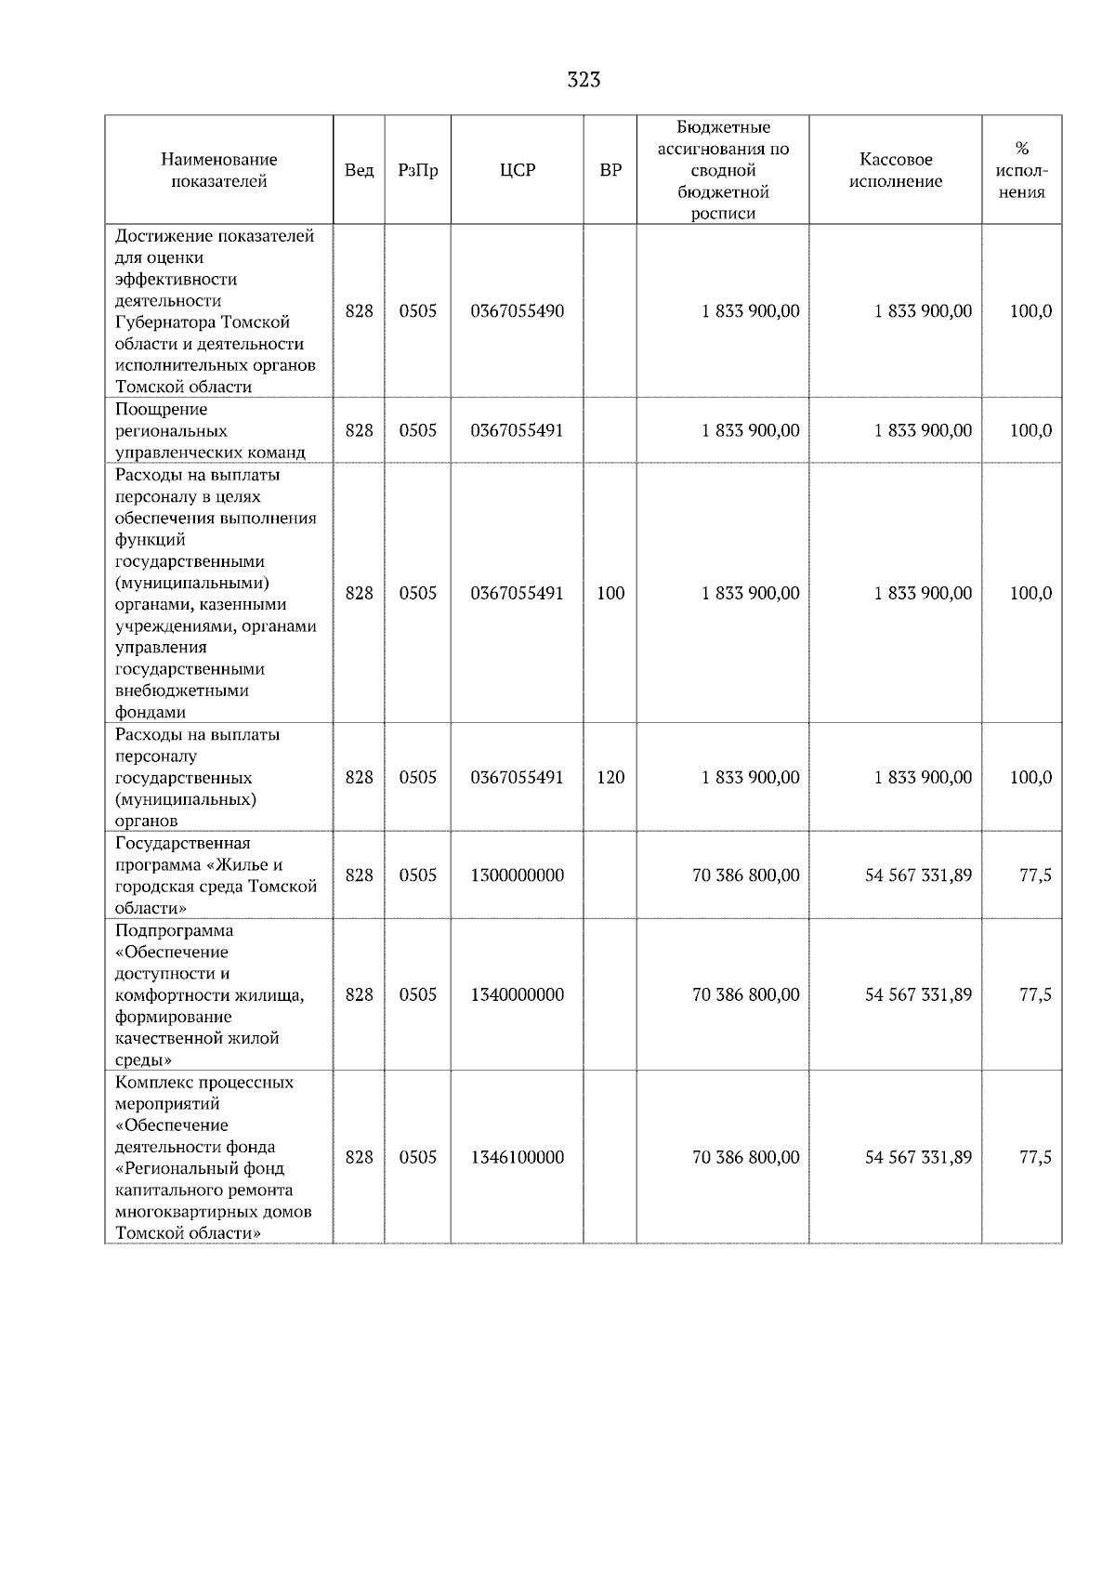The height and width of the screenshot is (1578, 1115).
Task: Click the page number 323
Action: [x=584, y=80]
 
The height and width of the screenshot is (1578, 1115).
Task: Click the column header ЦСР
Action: [x=518, y=170]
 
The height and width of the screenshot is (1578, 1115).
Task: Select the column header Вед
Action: [x=359, y=170]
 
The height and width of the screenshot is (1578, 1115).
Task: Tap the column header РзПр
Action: [x=417, y=170]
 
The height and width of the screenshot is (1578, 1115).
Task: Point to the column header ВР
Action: [x=610, y=170]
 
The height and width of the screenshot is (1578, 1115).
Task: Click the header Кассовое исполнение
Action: [x=895, y=170]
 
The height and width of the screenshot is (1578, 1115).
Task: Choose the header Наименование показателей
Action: [x=218, y=170]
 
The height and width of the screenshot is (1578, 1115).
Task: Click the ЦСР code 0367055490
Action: [x=518, y=311]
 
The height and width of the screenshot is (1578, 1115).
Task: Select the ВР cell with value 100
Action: [x=610, y=593]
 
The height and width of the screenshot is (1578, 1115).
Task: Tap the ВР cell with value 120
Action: [x=610, y=777]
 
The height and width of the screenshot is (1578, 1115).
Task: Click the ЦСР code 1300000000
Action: [x=518, y=875]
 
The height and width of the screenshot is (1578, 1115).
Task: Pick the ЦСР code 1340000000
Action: [x=518, y=994]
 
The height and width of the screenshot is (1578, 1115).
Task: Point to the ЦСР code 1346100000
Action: [x=518, y=1157]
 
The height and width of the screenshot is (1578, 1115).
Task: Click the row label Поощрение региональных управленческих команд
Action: [x=209, y=431]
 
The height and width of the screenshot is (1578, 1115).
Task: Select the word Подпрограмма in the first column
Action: [x=174, y=930]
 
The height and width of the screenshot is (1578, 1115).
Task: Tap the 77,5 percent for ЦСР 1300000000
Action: [x=1035, y=875]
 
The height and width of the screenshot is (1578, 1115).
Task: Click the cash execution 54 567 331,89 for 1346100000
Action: [x=918, y=1157]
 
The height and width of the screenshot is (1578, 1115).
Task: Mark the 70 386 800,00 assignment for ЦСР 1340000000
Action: [x=745, y=994]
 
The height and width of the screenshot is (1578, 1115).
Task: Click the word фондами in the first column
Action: [x=150, y=713]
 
